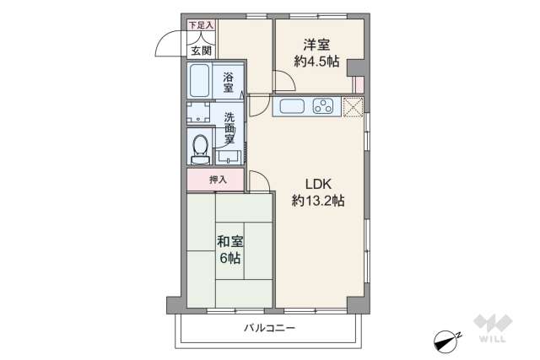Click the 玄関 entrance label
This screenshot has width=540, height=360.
click(x=201, y=51)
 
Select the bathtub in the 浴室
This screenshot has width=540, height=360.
click(x=201, y=82)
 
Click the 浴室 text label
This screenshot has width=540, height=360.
click(x=229, y=82)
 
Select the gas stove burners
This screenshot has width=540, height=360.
click(x=323, y=106)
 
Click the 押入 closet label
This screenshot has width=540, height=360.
click(x=219, y=179)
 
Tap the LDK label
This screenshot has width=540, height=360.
click(x=316, y=184)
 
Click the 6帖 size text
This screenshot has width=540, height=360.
click(x=229, y=258)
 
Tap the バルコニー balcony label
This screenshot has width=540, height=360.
click(x=269, y=326)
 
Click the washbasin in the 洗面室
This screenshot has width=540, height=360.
click(x=229, y=156)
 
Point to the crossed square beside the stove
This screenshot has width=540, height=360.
click(x=353, y=105)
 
